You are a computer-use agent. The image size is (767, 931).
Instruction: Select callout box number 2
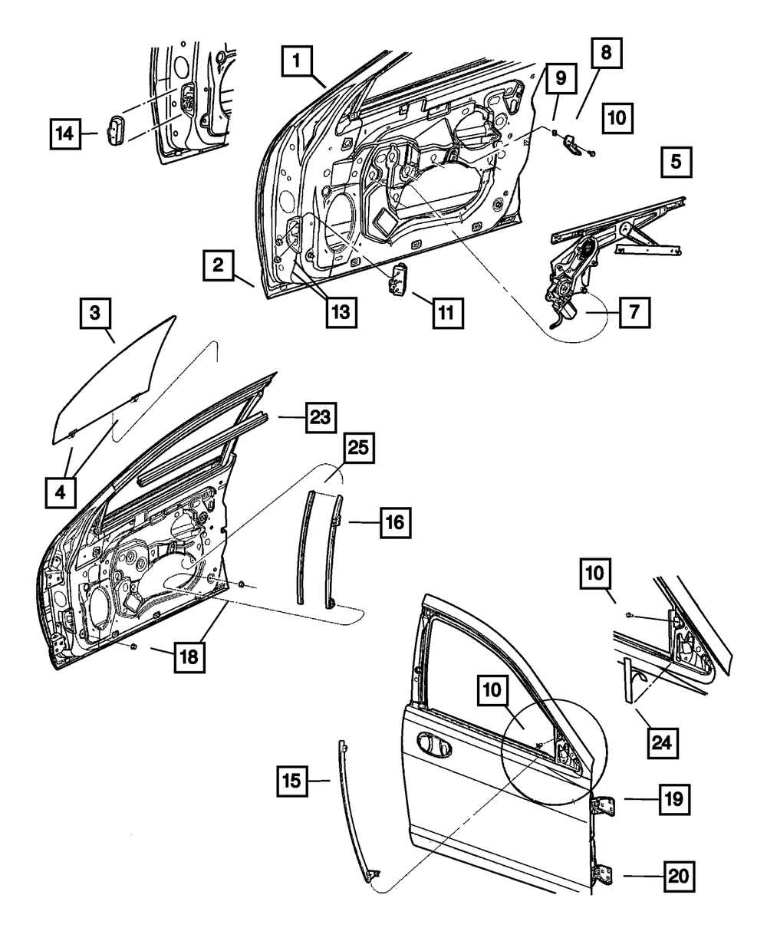pyautogui.click(x=219, y=267)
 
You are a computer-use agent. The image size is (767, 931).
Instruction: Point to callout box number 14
pyautogui.click(x=67, y=133)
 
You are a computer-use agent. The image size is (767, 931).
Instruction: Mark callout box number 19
pyautogui.click(x=673, y=800)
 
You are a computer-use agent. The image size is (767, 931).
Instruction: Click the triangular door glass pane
pyautogui.click(x=115, y=383)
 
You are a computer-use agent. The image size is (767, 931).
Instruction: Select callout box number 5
pyautogui.click(x=675, y=163)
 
